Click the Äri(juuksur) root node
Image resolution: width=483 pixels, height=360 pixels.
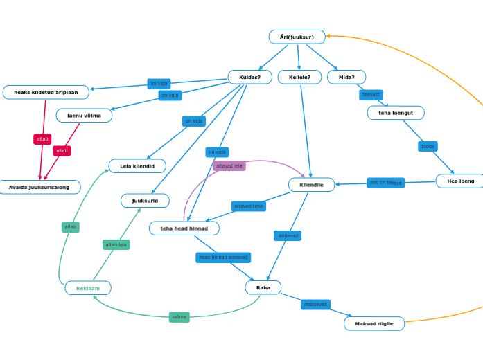(297, 37)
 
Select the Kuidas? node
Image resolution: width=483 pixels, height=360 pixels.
(249, 77)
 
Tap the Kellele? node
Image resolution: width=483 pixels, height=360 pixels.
(299, 77)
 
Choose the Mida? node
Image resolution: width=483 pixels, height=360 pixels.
(346, 77)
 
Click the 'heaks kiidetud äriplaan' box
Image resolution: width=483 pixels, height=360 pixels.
(46, 92)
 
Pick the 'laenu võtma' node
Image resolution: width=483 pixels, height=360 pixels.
(84, 116)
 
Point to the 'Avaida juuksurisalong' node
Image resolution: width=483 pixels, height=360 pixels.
(39, 187)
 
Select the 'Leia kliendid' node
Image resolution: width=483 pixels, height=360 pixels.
(137, 166)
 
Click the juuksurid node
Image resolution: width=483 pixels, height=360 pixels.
(145, 201)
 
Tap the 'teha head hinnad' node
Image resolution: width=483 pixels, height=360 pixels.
(184, 228)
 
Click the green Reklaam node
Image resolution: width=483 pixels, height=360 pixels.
(88, 288)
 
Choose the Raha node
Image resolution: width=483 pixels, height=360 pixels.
(263, 287)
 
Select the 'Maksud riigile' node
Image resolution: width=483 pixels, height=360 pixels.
(374, 323)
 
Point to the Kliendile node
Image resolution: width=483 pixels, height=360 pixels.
(311, 185)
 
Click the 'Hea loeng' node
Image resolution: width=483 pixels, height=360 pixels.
(460, 181)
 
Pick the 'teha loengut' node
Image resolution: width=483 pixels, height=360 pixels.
(396, 113)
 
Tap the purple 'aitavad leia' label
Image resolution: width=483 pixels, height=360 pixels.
(229, 165)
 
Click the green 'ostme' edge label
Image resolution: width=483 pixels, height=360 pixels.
(179, 317)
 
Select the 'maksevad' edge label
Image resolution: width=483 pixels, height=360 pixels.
(315, 304)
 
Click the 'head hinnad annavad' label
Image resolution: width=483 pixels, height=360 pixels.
(223, 258)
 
